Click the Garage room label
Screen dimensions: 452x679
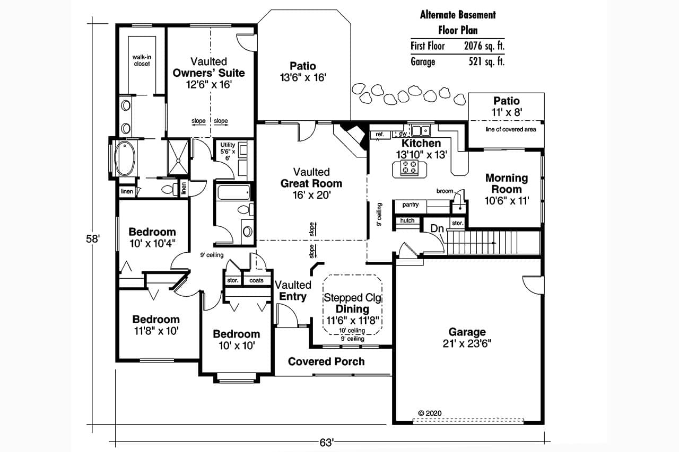[x=467, y=332]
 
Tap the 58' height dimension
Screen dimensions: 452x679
[x=93, y=239]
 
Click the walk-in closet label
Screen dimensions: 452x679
[x=141, y=60]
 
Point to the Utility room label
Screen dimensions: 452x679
[x=228, y=145]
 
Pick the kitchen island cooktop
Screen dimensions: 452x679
[x=409, y=168]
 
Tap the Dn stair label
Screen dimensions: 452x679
[x=437, y=228]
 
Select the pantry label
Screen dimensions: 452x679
[x=411, y=205]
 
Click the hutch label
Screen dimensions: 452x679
[x=407, y=220]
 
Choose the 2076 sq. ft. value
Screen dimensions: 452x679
[x=484, y=46]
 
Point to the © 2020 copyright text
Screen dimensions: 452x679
[x=430, y=413]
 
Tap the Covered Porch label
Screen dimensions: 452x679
[x=326, y=361]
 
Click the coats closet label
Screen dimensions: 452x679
[x=256, y=280]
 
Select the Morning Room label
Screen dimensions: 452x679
[x=506, y=183]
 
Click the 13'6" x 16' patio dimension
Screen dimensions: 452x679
[x=302, y=77]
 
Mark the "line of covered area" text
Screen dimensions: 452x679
[x=511, y=129]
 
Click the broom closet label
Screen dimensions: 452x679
[x=445, y=191]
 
